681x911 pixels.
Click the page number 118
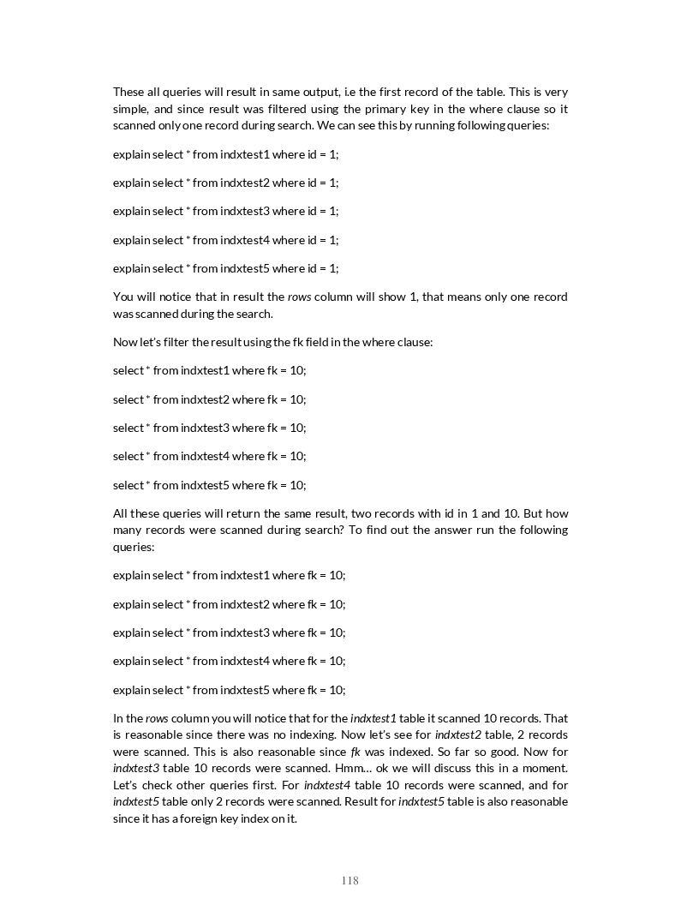349,880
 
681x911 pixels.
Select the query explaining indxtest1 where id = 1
226,154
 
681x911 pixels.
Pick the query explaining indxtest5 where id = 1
226,268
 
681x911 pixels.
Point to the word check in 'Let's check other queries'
157,785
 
